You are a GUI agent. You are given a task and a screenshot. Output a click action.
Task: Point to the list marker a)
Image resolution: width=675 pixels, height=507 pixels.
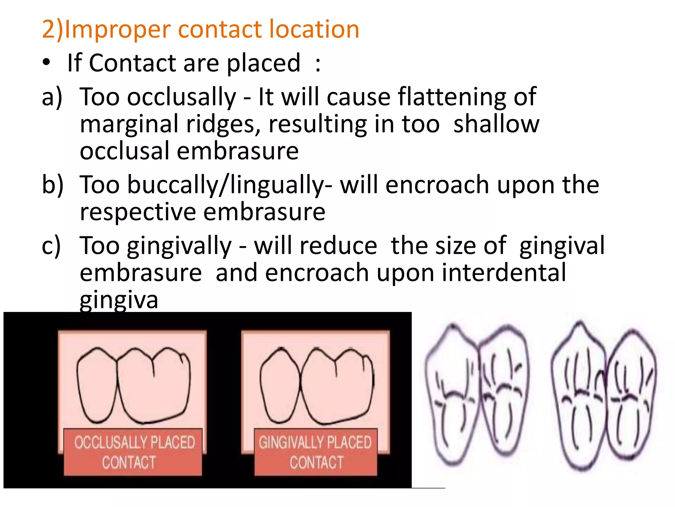pyautogui.click(x=52, y=97)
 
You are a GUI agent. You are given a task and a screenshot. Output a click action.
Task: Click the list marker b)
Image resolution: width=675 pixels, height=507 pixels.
pyautogui.click(x=52, y=185)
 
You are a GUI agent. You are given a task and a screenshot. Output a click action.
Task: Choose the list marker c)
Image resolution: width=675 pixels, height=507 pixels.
pyautogui.click(x=51, y=246)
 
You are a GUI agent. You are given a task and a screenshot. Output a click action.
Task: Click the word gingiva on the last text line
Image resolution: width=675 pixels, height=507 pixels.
pyautogui.click(x=119, y=300)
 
